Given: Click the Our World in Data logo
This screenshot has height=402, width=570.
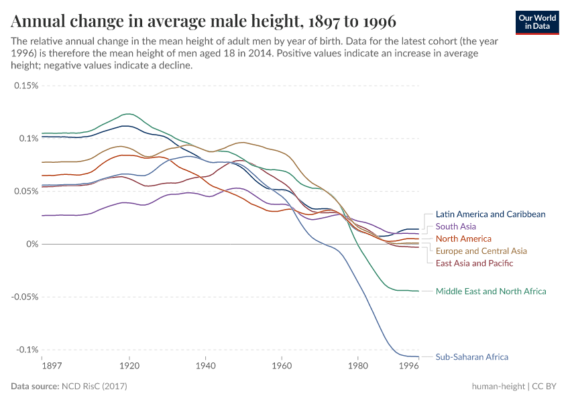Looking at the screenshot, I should [537, 22].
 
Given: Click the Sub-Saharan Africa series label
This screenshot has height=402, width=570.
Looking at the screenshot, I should [471, 357].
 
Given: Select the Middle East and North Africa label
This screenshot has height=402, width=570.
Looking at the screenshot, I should [491, 291].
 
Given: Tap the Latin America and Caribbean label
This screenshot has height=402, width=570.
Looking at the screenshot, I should [490, 214].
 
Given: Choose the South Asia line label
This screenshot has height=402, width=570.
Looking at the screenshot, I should [455, 226].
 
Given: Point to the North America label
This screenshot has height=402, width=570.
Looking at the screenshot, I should [463, 239].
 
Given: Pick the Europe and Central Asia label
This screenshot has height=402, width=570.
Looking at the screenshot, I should [481, 251].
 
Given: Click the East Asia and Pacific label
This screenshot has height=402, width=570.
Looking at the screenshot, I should [474, 263].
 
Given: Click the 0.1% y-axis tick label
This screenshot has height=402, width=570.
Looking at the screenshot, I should [28, 139].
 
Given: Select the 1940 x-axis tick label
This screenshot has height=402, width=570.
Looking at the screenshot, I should [206, 366].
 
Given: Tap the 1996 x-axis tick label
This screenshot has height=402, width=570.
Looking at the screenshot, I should [409, 366].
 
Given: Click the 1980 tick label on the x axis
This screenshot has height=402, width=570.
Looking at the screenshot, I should [357, 366].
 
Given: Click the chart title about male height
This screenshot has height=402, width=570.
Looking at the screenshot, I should [203, 21].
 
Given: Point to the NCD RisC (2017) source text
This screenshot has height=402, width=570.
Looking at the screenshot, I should [94, 387].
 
